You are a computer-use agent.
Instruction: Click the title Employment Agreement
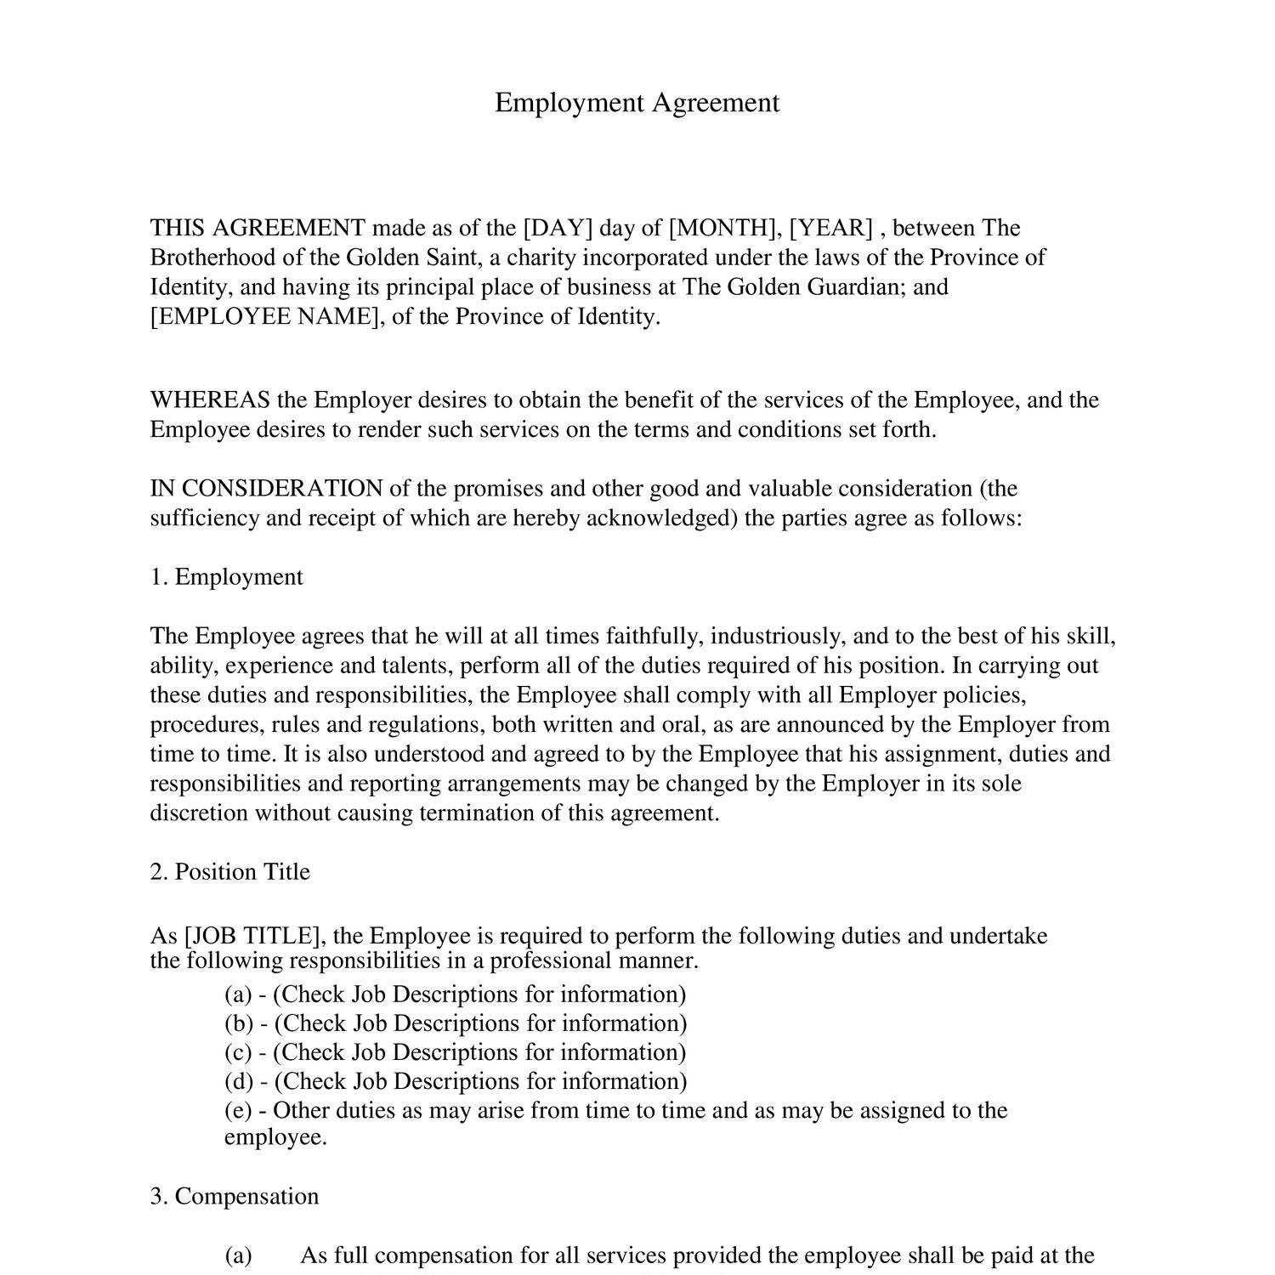[x=637, y=103]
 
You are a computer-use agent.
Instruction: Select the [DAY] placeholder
[x=557, y=228]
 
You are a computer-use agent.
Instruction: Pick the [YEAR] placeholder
[x=831, y=228]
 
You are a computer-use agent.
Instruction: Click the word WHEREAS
[x=210, y=400]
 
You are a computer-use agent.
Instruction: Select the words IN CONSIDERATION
[x=266, y=489]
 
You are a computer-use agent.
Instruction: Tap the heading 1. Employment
[x=226, y=577]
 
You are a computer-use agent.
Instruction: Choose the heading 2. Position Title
[x=229, y=872]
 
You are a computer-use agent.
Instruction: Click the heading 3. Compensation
[x=235, y=1197]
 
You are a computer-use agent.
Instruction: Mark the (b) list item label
[x=239, y=1023]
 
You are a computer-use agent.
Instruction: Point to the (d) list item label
[x=239, y=1081]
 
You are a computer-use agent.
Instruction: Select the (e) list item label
[x=239, y=1111]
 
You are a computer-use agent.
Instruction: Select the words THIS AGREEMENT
[x=258, y=228]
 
